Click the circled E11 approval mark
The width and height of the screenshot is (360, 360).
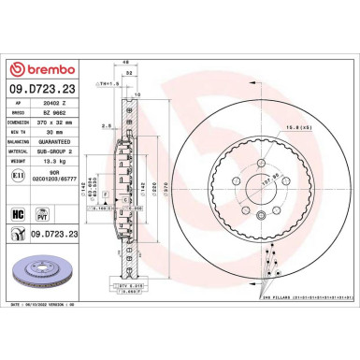[19, 175]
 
